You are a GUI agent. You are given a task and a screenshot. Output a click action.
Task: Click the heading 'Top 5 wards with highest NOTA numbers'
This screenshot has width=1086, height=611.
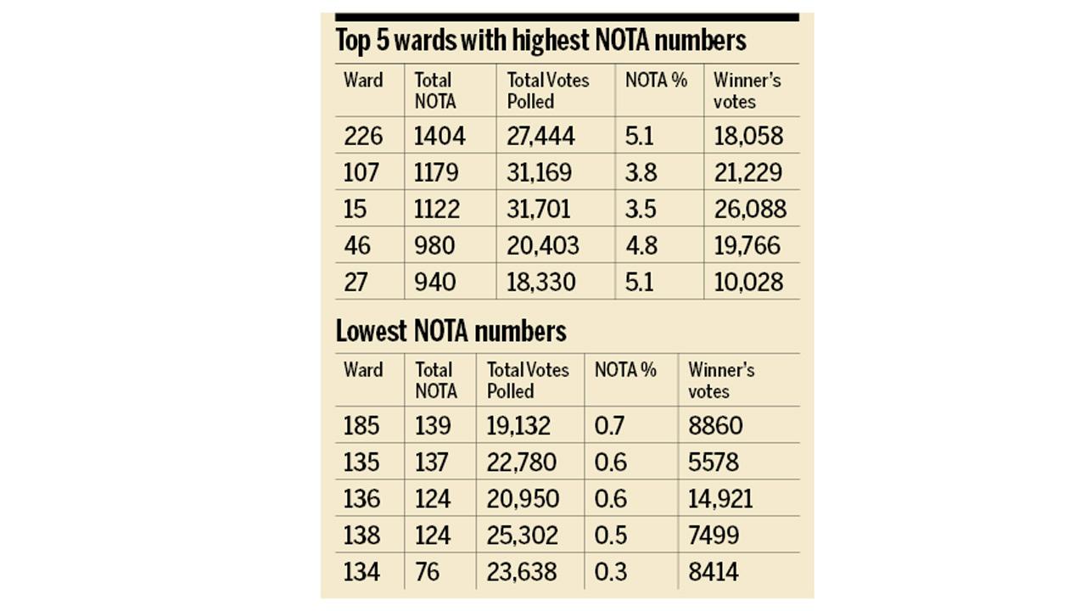click(540, 41)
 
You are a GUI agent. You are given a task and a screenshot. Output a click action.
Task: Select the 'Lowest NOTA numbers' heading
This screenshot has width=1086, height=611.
click(451, 331)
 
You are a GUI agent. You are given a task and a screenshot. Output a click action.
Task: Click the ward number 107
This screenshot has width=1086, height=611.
click(363, 172)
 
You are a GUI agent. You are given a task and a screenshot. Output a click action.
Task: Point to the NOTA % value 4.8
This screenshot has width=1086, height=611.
click(641, 245)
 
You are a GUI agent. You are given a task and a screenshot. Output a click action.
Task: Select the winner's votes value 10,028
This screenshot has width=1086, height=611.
click(747, 282)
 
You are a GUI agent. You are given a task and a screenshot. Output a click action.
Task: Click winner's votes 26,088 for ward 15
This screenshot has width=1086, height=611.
click(749, 209)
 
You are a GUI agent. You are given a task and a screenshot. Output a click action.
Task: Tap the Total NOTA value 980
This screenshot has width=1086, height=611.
click(434, 245)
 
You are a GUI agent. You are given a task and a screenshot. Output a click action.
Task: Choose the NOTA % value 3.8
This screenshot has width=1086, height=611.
click(641, 172)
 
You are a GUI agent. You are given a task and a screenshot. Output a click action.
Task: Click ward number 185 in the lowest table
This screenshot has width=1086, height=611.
click(362, 425)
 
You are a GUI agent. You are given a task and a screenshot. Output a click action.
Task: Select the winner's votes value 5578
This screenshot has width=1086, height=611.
click(714, 462)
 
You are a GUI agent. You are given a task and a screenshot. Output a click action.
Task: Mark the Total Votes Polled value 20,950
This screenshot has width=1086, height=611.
click(523, 498)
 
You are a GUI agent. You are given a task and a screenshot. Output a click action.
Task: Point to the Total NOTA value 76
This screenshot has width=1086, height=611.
click(428, 572)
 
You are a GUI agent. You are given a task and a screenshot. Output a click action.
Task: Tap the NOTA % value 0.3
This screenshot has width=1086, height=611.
click(610, 572)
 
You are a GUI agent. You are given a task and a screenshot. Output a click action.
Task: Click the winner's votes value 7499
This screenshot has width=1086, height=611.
click(714, 535)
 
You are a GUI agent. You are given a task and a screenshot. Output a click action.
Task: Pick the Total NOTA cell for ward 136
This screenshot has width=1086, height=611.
click(433, 498)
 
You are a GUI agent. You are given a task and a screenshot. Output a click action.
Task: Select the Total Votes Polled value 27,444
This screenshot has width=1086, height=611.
click(540, 136)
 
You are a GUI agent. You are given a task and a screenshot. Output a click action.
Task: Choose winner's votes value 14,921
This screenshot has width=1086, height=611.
click(720, 498)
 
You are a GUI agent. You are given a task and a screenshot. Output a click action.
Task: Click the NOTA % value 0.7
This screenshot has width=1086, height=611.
click(609, 425)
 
